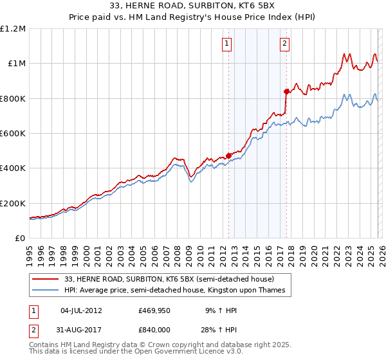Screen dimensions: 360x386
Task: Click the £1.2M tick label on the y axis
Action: [x=13, y=29]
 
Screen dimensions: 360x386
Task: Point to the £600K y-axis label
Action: [x=13, y=134]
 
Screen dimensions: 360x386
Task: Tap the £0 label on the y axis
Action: [x=19, y=238]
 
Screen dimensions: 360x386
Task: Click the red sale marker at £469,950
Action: [x=228, y=156]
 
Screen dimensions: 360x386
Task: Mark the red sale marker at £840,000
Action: [x=287, y=91]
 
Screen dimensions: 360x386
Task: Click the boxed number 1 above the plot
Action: [x=228, y=44]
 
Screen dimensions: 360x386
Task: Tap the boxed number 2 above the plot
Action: [x=284, y=44]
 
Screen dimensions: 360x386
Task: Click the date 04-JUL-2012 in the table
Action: [x=81, y=310]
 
